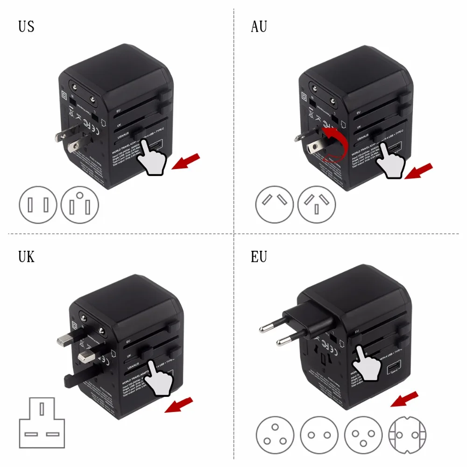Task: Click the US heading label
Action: (27, 27)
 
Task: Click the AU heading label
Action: (259, 27)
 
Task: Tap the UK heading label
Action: (27, 256)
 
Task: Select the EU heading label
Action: (259, 256)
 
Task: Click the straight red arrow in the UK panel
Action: (179, 404)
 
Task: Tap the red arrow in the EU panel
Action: (404, 399)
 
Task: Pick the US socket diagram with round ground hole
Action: (80, 205)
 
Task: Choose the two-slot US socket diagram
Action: (38, 205)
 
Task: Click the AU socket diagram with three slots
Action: (317, 205)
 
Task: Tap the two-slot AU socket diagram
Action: (274, 205)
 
